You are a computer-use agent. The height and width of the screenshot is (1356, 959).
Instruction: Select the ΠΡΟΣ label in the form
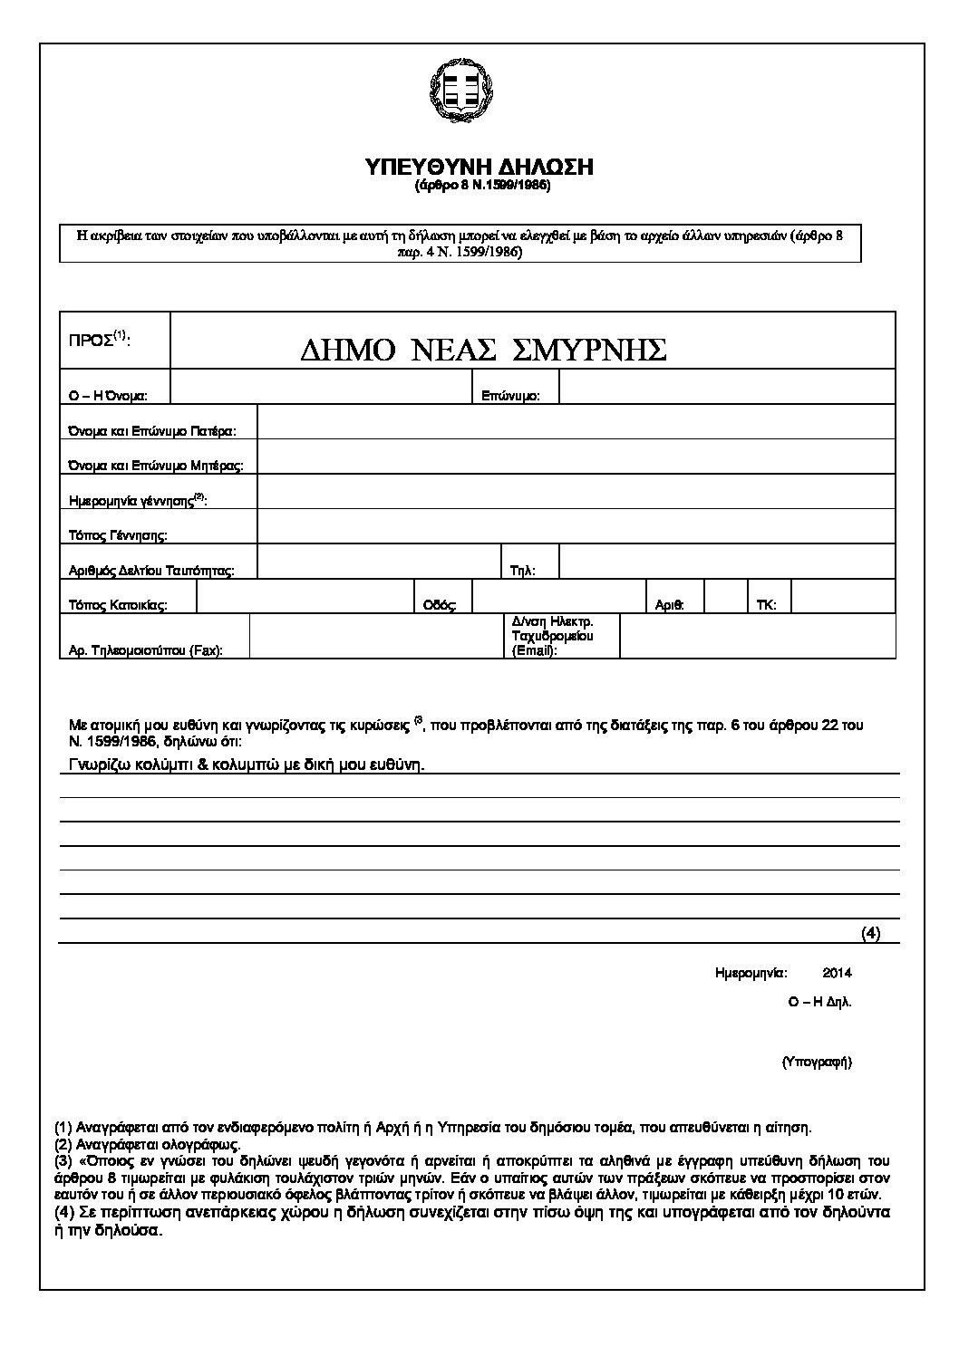click(100, 341)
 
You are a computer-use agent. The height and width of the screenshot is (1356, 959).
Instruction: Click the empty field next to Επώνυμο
click(727, 388)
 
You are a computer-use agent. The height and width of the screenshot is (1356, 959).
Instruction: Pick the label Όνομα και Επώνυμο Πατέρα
click(152, 431)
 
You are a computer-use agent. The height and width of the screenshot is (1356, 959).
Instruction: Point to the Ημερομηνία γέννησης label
click(138, 500)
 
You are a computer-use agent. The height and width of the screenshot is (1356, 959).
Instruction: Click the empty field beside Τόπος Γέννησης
click(576, 527)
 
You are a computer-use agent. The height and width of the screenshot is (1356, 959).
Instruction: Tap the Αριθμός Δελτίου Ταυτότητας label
click(151, 571)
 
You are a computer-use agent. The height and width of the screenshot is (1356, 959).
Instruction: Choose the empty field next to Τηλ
click(727, 563)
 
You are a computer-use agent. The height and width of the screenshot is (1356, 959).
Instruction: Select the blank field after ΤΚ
click(843, 598)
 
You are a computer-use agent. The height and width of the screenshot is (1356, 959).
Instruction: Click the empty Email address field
click(758, 636)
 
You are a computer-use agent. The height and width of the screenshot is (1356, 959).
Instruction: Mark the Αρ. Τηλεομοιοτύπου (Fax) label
click(146, 650)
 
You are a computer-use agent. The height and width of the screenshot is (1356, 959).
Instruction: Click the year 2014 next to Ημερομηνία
click(837, 974)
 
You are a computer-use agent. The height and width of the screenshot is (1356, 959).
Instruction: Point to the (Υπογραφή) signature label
click(816, 1062)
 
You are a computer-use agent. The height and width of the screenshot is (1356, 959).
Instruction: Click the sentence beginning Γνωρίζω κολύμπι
click(247, 765)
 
